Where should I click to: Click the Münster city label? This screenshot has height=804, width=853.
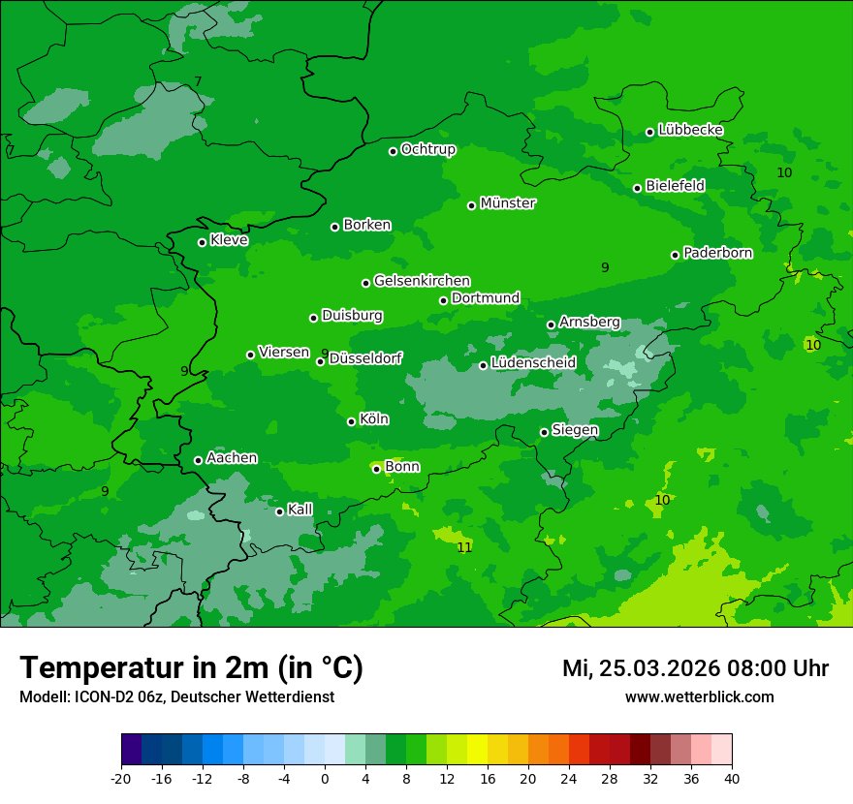pos(508,203)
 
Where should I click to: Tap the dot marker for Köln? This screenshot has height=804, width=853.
pos(351,421)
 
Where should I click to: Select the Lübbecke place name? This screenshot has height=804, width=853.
pos(690,130)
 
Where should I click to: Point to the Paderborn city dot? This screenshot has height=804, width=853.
pos(675,255)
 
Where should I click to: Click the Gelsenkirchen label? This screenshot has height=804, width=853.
pos(422,281)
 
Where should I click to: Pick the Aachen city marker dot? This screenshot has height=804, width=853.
pos(198,460)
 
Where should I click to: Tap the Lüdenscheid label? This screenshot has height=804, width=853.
pos(533,363)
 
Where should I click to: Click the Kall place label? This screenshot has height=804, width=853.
pos(300,510)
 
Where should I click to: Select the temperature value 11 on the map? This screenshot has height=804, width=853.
pos(464,547)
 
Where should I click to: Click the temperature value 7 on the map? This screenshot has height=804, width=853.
pos(198,81)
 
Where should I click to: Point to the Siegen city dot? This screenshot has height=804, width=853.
pos(544,432)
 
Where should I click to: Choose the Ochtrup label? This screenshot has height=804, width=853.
pos(427,149)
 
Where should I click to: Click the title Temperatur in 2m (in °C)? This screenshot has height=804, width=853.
pos(191,667)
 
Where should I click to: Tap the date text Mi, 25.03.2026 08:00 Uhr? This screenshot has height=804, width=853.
pos(695,668)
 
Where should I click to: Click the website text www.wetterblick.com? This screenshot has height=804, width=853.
pos(699,696)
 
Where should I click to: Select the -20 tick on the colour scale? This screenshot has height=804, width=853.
pos(121,778)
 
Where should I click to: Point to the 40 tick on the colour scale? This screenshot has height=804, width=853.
pos(731,778)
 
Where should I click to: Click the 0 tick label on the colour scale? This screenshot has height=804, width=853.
pos(325,778)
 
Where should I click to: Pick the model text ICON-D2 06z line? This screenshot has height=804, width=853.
pos(176,696)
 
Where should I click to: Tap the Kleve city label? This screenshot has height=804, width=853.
pos(229,240)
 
